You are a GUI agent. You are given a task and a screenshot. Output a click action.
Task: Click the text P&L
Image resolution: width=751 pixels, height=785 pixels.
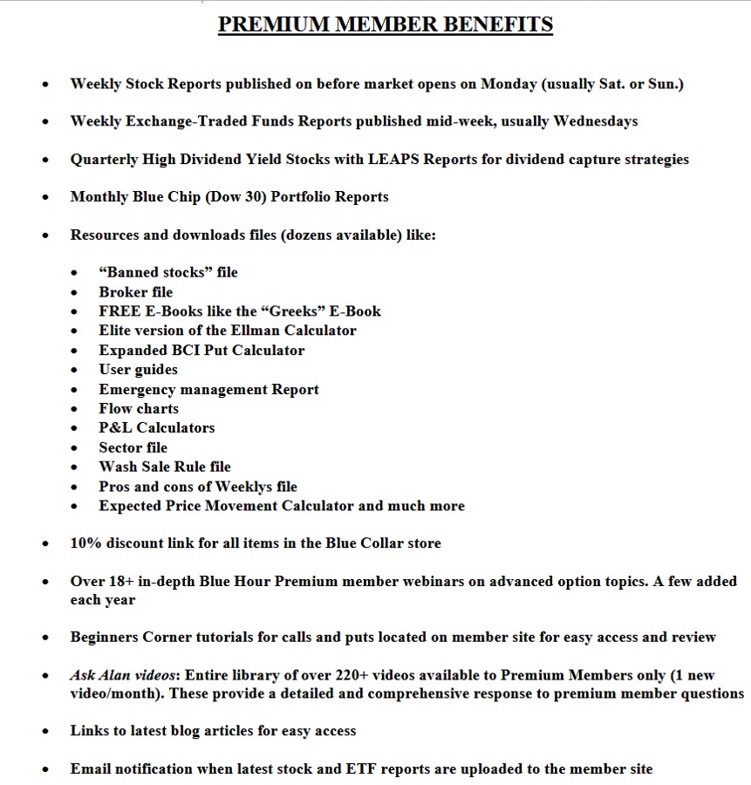tap(115, 427)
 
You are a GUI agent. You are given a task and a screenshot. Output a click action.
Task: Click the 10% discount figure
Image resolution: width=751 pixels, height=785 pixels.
tap(85, 543)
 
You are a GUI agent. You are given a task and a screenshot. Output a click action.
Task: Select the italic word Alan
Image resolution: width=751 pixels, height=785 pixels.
tap(115, 676)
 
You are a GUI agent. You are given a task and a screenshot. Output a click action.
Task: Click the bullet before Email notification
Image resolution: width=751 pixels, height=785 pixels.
tap(45, 770)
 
